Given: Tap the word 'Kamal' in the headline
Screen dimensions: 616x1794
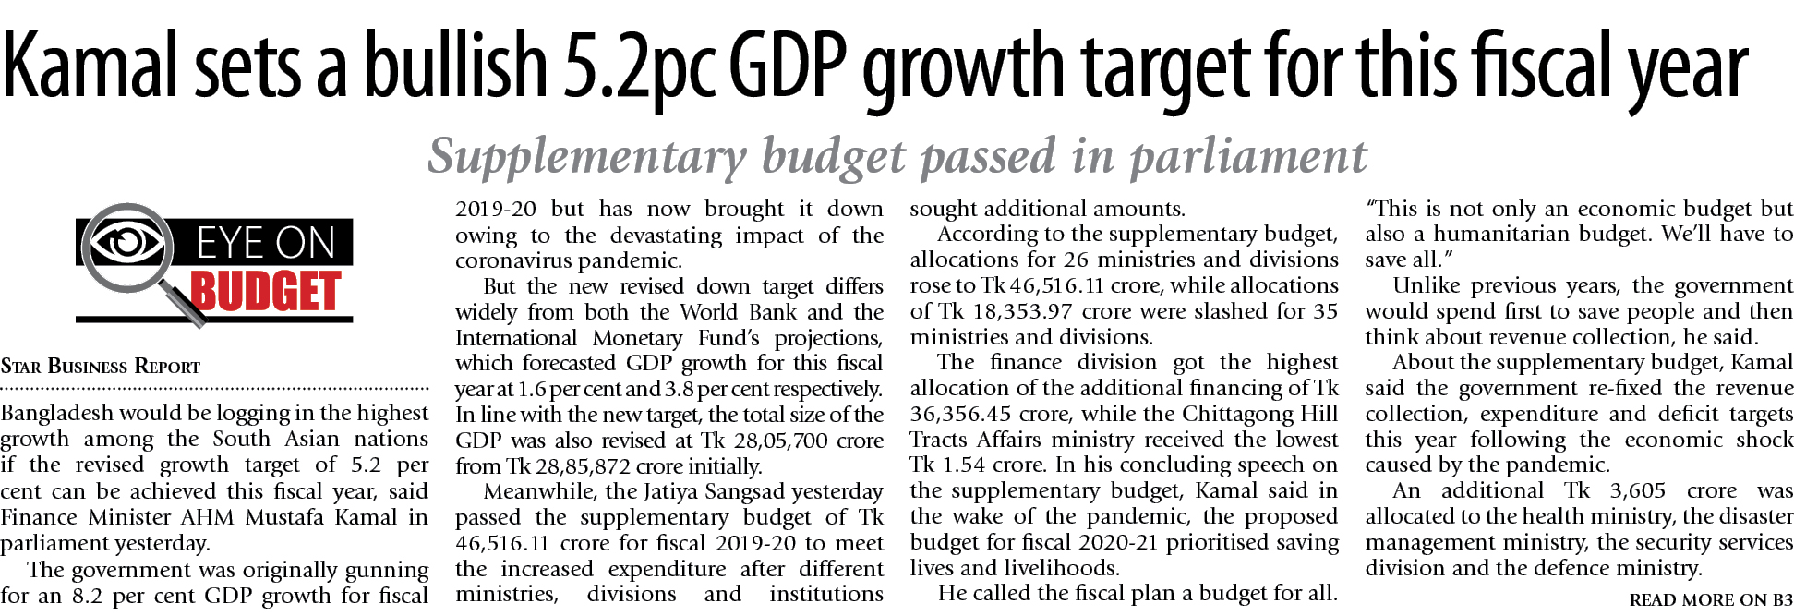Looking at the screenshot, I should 90,66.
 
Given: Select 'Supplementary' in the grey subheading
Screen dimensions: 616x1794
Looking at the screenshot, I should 587,156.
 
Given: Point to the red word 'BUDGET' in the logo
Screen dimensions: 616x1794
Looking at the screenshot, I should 266,292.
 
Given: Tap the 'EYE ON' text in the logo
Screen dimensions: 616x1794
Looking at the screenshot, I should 266,244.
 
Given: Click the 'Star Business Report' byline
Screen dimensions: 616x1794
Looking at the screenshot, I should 100,367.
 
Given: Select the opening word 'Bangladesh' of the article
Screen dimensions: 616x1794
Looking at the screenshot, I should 58,413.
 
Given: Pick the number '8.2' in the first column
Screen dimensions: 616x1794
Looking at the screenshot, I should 87,596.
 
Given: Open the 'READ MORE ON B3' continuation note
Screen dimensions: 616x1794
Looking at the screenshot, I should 1710,600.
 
